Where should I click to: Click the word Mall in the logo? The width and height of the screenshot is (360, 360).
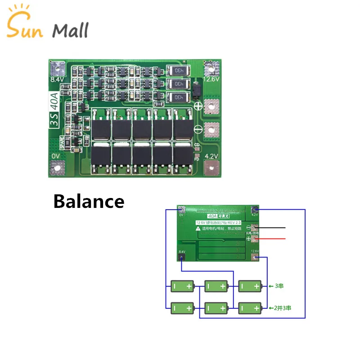70,30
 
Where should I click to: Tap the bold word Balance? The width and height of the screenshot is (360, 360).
89,201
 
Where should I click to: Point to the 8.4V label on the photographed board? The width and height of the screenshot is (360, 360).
56,79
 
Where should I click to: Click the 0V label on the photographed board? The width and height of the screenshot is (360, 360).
55,155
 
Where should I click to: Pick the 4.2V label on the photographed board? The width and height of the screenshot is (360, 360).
211,156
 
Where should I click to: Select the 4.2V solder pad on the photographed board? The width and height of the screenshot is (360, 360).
211,169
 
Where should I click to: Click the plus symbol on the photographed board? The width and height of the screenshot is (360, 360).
198,106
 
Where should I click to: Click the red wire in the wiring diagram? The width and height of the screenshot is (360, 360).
270,239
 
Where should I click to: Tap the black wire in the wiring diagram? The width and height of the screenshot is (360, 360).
270,228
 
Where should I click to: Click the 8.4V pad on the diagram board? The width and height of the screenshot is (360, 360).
181,257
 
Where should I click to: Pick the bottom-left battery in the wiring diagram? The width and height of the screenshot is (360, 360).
182,308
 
